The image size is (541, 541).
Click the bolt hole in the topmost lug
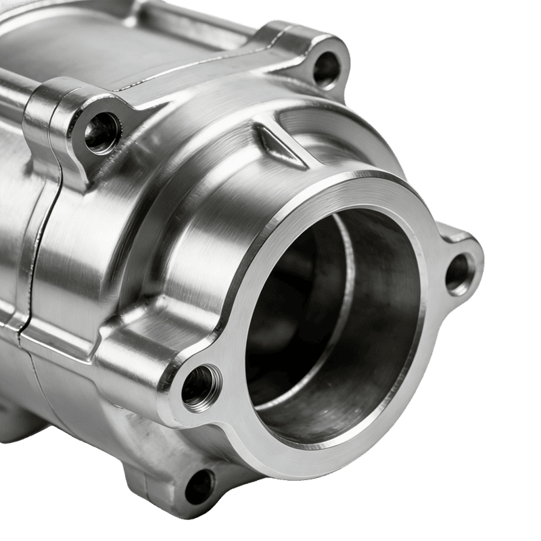coord(327,66)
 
